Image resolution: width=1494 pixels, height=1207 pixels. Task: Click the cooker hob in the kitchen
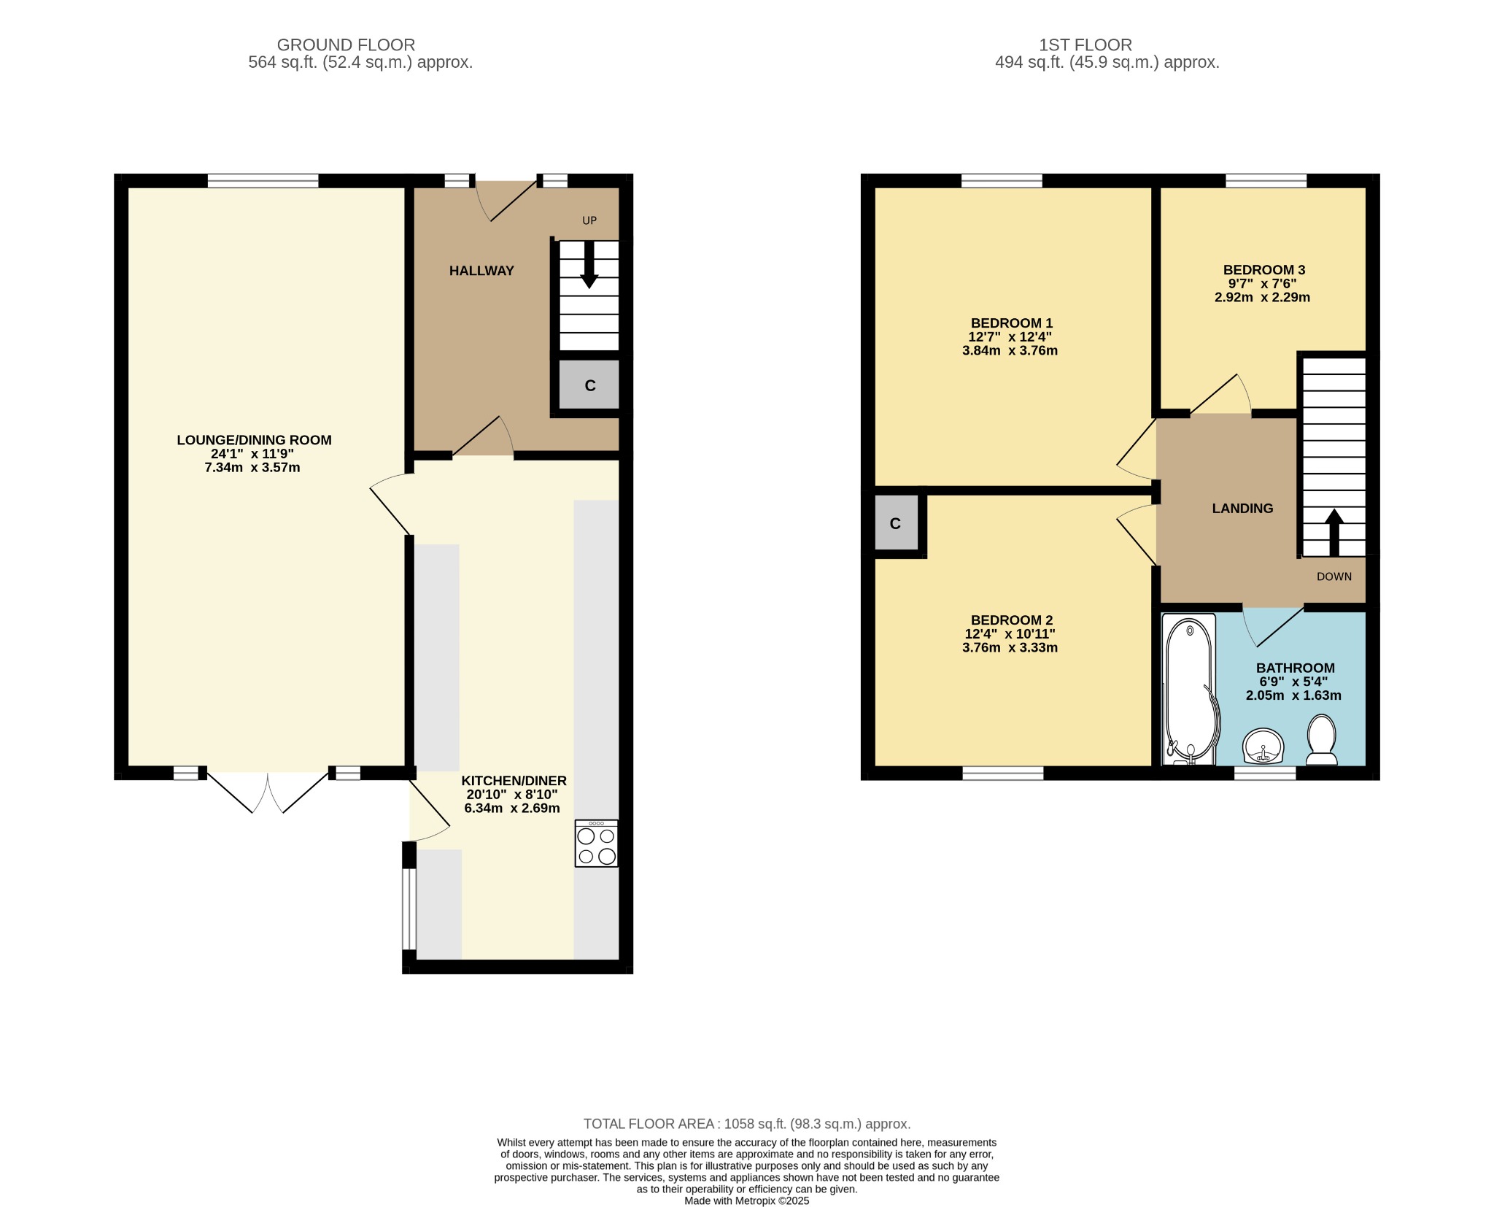tap(596, 843)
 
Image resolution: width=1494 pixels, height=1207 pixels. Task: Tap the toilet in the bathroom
tap(1321, 740)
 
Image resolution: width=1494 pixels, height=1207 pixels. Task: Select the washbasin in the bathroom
tap(1263, 746)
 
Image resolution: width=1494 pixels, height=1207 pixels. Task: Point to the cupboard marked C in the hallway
tap(589, 385)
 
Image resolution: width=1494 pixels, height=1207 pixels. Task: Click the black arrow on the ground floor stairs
tap(589, 264)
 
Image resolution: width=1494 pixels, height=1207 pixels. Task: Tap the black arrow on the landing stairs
tap(1334, 533)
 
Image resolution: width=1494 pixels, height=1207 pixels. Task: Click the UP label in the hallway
tap(589, 220)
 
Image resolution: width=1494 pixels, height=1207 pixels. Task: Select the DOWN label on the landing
tap(1334, 576)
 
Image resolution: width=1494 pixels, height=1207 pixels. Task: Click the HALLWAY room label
tap(481, 271)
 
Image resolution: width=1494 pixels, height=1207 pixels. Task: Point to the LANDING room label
tap(1242, 509)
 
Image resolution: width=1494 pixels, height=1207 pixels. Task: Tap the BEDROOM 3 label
tap(1263, 270)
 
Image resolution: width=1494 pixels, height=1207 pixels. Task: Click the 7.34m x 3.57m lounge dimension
tap(252, 468)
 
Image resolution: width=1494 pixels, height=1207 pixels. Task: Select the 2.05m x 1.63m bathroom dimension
tap(1293, 695)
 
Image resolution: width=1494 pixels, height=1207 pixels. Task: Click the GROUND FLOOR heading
tap(346, 45)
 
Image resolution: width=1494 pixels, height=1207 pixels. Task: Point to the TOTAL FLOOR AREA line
tap(747, 1125)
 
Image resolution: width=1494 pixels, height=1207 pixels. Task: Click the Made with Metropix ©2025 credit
tap(747, 1200)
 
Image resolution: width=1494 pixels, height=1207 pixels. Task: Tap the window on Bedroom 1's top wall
tap(1002, 181)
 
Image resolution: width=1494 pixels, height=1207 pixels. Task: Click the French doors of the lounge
tap(268, 790)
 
